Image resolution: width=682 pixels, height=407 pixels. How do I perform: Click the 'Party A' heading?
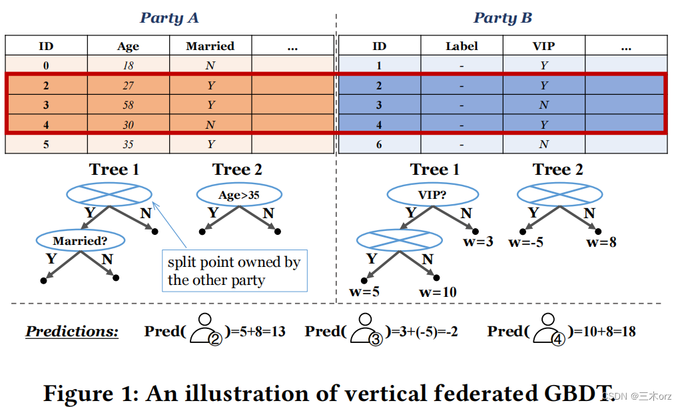click(169, 18)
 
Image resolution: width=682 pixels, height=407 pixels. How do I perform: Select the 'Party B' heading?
click(503, 18)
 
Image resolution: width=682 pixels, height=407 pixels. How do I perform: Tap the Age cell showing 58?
click(128, 105)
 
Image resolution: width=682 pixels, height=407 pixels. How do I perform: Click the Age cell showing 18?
click(128, 65)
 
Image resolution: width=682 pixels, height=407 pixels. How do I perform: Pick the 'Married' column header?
click(210, 46)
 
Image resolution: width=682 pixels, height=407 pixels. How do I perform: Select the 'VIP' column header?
click(543, 46)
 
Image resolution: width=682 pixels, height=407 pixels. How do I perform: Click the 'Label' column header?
click(462, 46)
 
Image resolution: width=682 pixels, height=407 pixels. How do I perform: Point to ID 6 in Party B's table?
click(379, 144)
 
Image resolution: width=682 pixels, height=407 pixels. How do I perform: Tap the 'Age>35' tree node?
click(239, 195)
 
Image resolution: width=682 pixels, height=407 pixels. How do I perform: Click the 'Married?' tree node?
click(80, 240)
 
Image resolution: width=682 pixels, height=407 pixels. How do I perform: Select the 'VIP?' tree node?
click(433, 194)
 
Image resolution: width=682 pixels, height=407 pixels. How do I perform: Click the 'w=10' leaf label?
click(438, 292)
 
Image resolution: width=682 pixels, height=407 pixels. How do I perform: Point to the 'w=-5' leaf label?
click(525, 242)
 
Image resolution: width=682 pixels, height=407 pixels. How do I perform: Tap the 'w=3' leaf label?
click(478, 242)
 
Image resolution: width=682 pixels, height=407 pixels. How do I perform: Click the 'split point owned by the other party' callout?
click(234, 271)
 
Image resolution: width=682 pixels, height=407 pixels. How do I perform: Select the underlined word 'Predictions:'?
click(72, 332)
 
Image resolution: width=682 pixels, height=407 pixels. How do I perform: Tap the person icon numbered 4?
click(549, 330)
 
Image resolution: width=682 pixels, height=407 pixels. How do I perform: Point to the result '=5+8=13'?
click(257, 332)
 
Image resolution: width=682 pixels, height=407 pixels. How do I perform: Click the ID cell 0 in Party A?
click(46, 65)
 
